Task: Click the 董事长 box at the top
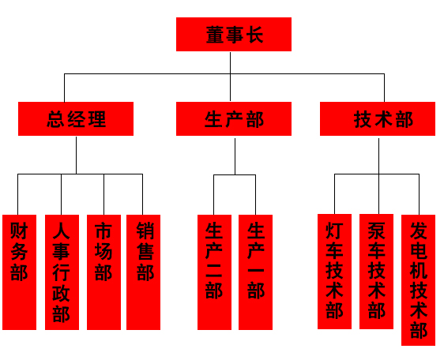coord(234,34)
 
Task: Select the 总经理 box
coord(76,118)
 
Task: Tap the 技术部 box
coord(378,118)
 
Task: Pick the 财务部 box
coord(19,272)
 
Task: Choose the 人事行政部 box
coord(62,272)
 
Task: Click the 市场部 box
coord(103,272)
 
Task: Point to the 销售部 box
coord(143,272)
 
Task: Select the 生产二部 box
coord(214,272)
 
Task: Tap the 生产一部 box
coord(255,272)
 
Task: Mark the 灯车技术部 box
coord(334,272)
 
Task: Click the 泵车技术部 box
coord(376,272)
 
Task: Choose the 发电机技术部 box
coord(418,280)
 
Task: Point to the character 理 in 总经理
coord(97,119)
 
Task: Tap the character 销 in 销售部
coord(145,231)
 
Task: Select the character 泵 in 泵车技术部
coord(377,231)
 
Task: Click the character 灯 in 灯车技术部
coord(334,231)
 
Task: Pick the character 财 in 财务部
coord(19,231)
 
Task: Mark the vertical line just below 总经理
coord(76,155)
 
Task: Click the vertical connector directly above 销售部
coord(142,194)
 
